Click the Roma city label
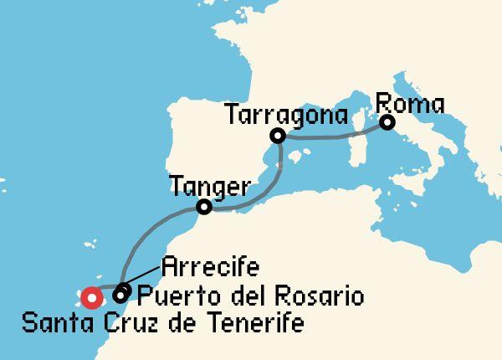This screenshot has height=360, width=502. (410, 105)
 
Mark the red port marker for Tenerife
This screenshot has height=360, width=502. (91, 296)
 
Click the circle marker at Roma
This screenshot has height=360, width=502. (387, 123)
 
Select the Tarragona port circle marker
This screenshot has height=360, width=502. (278, 136)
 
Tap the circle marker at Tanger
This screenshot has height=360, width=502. (203, 206)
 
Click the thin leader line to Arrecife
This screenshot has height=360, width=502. (142, 279)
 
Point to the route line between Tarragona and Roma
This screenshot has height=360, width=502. (335, 136)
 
